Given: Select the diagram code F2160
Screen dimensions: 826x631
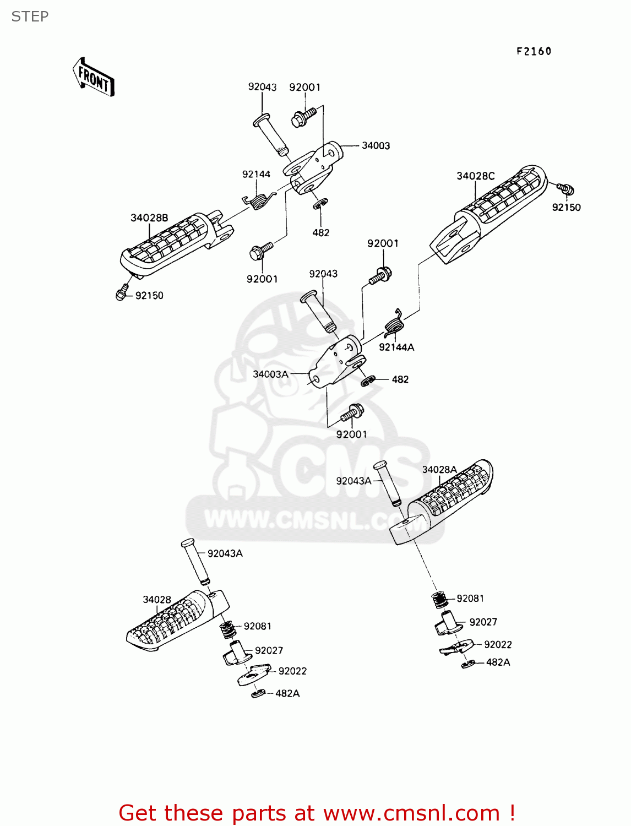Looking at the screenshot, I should pyautogui.click(x=534, y=51).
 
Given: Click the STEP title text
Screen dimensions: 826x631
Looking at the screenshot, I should pyautogui.click(x=30, y=17).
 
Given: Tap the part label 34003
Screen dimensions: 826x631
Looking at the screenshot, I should pyautogui.click(x=376, y=146).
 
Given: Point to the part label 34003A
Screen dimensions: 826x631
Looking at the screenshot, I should pyautogui.click(x=270, y=374).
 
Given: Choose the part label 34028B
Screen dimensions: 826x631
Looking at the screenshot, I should pyautogui.click(x=149, y=218).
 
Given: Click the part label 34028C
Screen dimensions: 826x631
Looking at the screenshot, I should pyautogui.click(x=475, y=176).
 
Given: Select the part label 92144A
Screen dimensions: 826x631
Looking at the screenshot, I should pyautogui.click(x=396, y=347).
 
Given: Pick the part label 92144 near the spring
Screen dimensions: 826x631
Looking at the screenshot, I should pyautogui.click(x=256, y=175).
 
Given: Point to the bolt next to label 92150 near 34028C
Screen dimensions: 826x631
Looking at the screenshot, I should pyautogui.click(x=565, y=189).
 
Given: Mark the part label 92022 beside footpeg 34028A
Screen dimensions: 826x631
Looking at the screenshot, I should pyautogui.click(x=498, y=645).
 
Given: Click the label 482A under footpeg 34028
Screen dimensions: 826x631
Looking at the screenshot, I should pyautogui.click(x=287, y=694).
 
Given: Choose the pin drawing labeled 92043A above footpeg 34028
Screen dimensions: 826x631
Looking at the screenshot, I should pyautogui.click(x=195, y=562).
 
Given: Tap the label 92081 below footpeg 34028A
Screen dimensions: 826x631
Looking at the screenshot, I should pyautogui.click(x=470, y=599).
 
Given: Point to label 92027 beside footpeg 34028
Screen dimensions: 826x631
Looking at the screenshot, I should pyautogui.click(x=269, y=651).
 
